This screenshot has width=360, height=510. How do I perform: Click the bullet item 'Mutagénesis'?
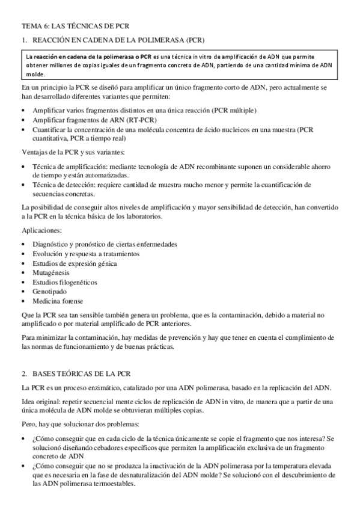click(x=53, y=272)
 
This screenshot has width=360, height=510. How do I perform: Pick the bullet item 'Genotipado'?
click(x=52, y=291)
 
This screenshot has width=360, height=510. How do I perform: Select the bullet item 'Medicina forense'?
click(x=58, y=301)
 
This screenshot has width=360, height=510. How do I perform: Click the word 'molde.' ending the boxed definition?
click(x=35, y=75)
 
